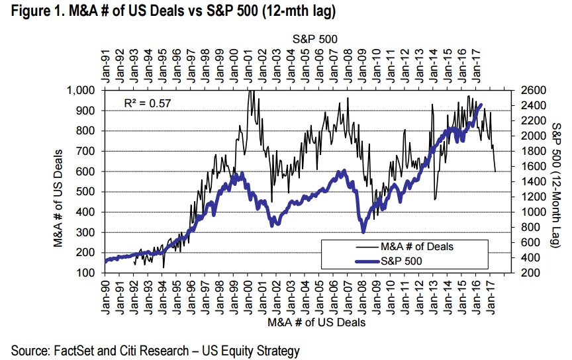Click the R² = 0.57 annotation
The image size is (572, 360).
point(149,103)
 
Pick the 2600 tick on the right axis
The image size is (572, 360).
point(527,91)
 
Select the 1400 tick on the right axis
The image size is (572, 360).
point(527,182)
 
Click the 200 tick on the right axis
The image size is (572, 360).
point(524,273)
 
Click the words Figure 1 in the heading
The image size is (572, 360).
point(30,11)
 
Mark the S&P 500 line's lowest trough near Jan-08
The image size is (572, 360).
point(363,232)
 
